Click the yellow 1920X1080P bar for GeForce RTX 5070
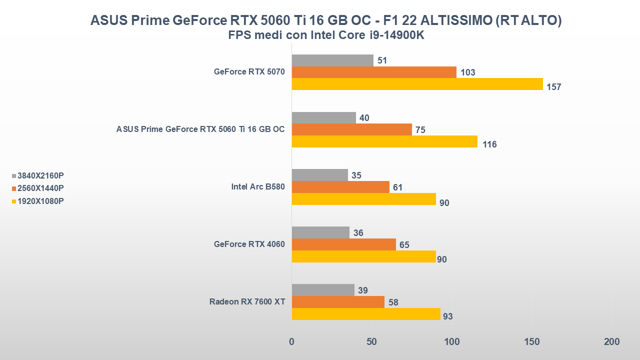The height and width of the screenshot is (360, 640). [417, 84]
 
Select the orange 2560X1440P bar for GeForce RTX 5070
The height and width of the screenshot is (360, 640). [374, 72]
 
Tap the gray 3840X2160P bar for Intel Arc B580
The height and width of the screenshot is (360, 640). [319, 175]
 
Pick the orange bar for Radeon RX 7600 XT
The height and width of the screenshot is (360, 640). [338, 302]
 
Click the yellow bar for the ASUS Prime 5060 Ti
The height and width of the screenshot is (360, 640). [384, 141]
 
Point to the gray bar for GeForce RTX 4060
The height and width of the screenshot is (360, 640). [320, 232]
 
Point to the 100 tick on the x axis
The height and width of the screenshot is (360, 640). [451, 342]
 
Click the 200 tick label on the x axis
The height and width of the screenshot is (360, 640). [611, 342]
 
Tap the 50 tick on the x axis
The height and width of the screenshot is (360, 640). [371, 342]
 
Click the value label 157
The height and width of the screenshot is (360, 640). [554, 87]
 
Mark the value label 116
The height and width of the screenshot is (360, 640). [489, 144]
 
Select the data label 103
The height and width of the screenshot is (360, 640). [467, 72]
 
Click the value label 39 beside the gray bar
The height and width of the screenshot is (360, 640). [363, 290]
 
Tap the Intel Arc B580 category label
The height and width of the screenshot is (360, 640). [257, 187]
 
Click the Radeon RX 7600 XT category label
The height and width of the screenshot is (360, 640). [247, 302]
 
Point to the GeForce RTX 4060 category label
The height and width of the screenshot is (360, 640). [249, 244]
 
